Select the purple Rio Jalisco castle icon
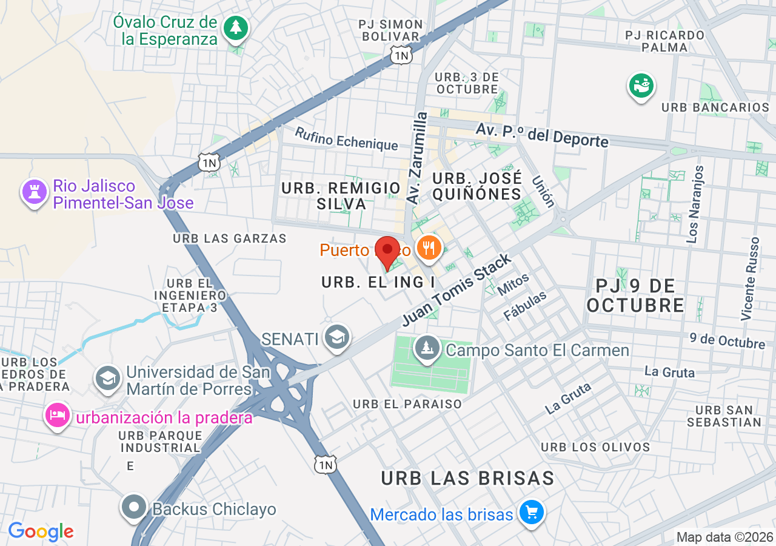[x=34, y=192]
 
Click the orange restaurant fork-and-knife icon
[x=429, y=248]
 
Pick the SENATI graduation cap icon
[x=336, y=337]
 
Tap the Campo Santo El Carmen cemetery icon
[x=428, y=348]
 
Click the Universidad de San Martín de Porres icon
[x=108, y=379]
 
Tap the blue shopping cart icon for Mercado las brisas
[x=532, y=513]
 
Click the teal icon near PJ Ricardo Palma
[x=641, y=86]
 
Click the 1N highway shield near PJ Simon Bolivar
[x=401, y=56]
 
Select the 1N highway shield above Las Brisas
[x=326, y=465]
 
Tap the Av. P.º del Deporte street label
[x=541, y=135]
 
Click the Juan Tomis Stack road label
[x=457, y=289]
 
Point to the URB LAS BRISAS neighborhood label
[x=467, y=478]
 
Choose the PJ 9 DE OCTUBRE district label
[x=635, y=295]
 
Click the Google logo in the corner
[x=41, y=531]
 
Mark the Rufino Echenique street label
[x=346, y=139]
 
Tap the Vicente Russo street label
[x=749, y=278]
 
